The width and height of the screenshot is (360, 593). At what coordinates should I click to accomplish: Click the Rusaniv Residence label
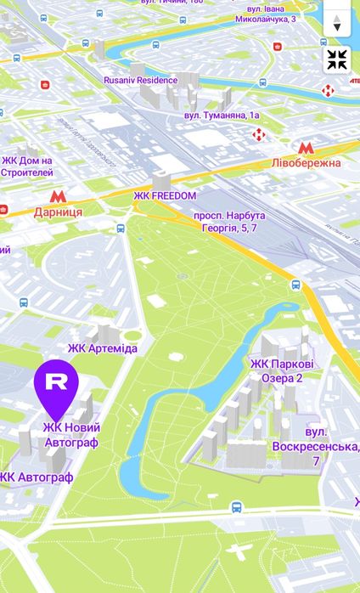point(140,80)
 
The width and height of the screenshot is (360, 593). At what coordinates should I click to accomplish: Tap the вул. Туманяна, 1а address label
point(222,115)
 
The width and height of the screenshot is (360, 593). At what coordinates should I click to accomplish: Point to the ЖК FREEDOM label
point(165,195)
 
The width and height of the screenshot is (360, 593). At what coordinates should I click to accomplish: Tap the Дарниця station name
point(58,212)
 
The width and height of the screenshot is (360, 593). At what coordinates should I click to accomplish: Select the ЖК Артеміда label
point(102,348)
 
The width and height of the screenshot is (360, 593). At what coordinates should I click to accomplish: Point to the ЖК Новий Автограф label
point(71,436)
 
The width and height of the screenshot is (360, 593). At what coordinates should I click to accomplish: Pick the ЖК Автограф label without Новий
point(37,477)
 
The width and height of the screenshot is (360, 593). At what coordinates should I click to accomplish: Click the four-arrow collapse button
point(337,59)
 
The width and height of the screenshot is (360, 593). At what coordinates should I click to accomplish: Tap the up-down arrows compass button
point(337,23)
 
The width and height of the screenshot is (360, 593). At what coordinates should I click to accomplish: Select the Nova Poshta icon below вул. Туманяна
point(259,134)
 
